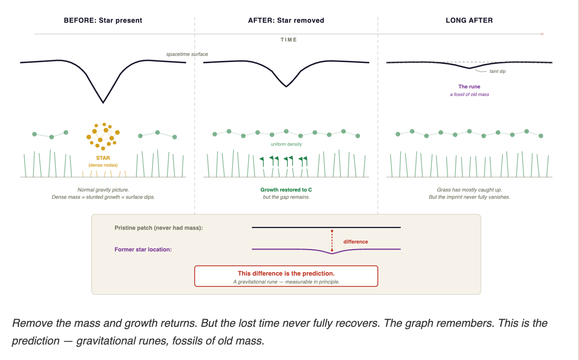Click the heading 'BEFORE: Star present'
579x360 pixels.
[x=103, y=21]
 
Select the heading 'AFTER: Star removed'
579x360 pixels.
[x=286, y=21]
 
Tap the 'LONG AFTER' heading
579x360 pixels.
[x=469, y=21]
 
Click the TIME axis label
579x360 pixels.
[x=289, y=40]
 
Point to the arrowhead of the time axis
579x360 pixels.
[x=542, y=34]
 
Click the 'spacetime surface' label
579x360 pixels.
[x=187, y=54]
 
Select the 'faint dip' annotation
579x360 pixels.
[x=497, y=71]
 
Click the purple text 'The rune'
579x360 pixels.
[x=469, y=87]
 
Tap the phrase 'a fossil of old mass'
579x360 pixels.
[x=469, y=95]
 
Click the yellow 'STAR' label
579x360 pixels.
[x=103, y=158]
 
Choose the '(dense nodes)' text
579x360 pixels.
[x=103, y=165]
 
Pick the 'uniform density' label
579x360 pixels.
[x=286, y=144]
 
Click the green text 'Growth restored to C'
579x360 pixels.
[x=286, y=190]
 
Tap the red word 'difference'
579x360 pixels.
[x=355, y=242]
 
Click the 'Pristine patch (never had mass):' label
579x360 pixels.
[x=159, y=228]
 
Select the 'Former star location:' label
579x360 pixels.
[x=143, y=250]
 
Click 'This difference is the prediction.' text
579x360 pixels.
[x=286, y=273]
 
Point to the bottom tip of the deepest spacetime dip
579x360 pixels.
[x=103, y=103]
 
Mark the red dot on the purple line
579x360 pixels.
[x=332, y=250]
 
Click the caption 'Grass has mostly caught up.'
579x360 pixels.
[x=469, y=190]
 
